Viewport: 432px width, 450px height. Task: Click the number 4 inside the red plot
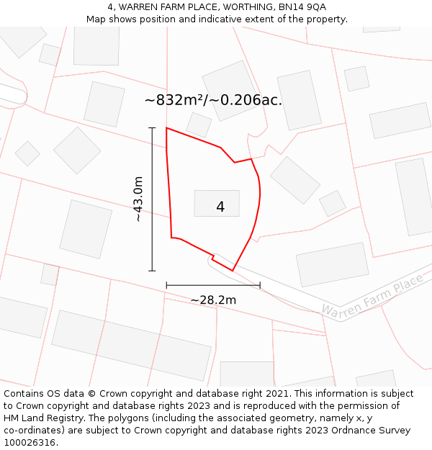[220, 207]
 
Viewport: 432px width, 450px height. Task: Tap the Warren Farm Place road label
[372, 296]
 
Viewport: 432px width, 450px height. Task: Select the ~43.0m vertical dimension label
[138, 199]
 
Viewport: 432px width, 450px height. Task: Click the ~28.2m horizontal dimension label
[213, 300]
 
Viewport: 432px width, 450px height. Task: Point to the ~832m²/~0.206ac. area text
[213, 100]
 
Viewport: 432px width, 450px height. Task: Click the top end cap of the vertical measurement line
[152, 128]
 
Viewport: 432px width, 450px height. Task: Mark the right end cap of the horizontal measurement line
[260, 285]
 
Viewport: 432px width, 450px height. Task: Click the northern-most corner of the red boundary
[167, 128]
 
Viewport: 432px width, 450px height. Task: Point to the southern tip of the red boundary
[233, 270]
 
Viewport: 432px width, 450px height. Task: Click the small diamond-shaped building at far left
[27, 153]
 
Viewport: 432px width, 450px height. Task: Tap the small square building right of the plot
[333, 203]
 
